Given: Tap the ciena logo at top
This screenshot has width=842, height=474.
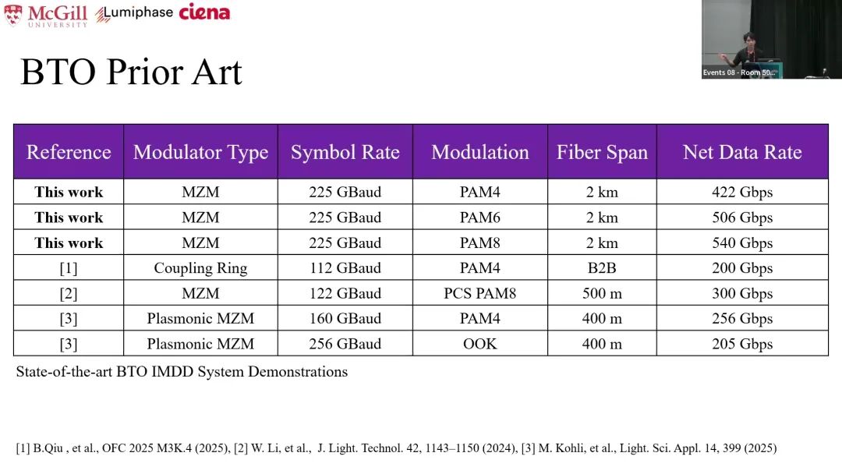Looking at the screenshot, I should tap(204, 12).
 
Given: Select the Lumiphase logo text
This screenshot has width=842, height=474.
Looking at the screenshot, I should tap(134, 14).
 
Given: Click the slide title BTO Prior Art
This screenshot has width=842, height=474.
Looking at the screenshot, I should tap(131, 73).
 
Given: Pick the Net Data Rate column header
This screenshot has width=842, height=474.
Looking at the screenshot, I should tap(742, 152).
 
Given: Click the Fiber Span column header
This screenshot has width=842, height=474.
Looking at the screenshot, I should tap(602, 152).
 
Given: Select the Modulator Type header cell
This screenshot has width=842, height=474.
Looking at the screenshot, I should tap(200, 152).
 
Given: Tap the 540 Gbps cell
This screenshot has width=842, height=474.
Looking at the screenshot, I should tap(742, 242).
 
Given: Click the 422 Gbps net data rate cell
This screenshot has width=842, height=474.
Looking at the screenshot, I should tap(742, 192).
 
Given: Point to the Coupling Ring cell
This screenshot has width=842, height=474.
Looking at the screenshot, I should tap(200, 268).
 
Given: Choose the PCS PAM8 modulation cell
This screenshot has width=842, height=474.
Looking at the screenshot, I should tap(480, 293).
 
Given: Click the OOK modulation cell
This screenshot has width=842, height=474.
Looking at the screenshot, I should tap(480, 344).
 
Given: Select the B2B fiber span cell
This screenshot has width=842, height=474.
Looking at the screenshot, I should tap(602, 268).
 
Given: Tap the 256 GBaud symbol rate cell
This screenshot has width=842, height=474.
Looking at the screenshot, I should tap(345, 344).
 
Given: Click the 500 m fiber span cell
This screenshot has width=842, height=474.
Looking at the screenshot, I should tap(602, 293).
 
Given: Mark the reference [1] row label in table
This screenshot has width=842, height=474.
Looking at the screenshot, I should tap(69, 268).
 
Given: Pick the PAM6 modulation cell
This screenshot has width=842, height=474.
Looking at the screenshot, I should tap(480, 218).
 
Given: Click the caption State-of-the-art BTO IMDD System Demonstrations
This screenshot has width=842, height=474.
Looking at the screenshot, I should tap(182, 372).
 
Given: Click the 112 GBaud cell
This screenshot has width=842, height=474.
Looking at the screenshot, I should tap(345, 268).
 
